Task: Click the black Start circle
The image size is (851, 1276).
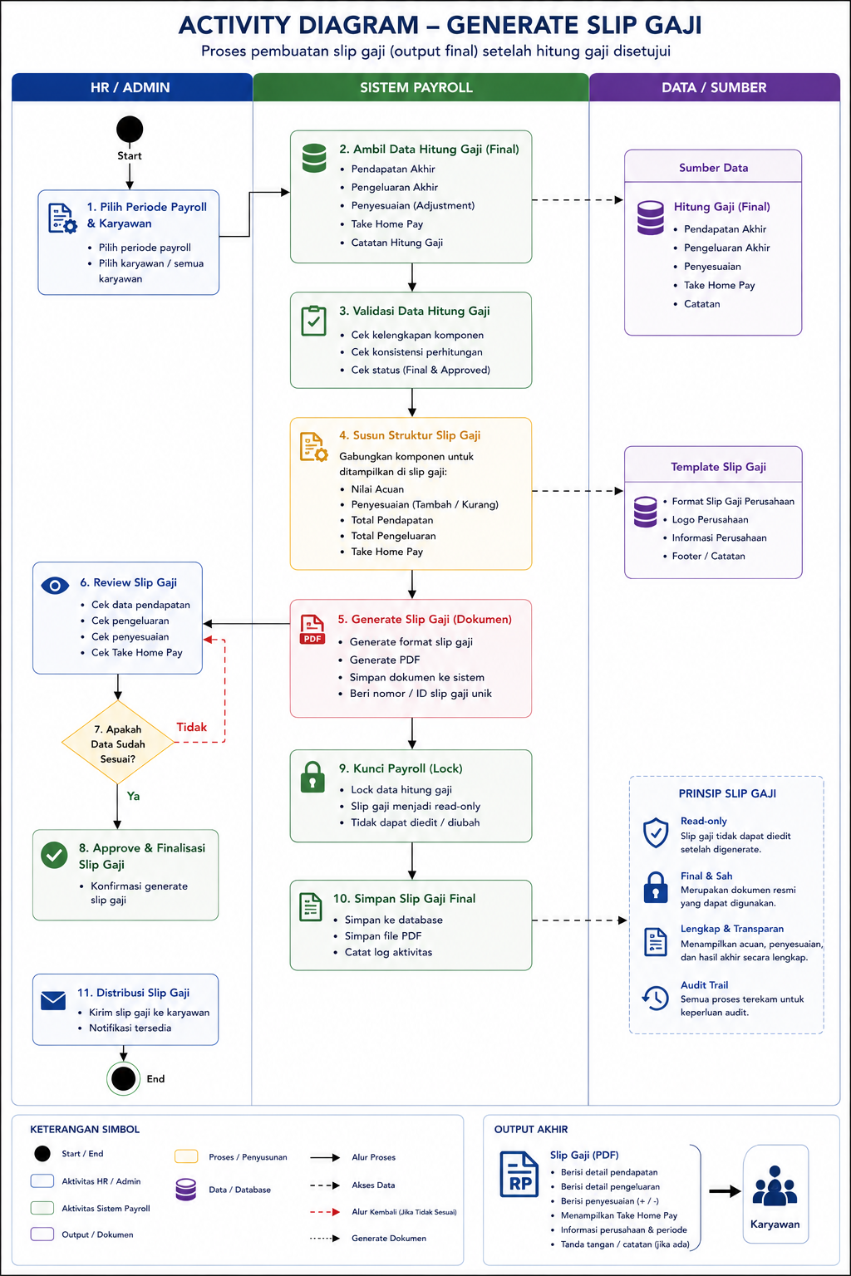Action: click(130, 129)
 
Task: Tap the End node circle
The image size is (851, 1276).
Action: click(123, 1077)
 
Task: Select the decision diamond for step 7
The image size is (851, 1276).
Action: click(118, 742)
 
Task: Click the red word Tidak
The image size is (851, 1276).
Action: click(191, 727)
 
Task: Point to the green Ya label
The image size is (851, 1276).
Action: click(133, 796)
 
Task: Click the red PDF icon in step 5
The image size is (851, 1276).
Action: click(312, 630)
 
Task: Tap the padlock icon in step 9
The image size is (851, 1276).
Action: click(312, 777)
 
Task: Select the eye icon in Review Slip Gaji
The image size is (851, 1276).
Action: click(55, 586)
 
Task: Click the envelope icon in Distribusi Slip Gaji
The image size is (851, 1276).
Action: click(53, 1001)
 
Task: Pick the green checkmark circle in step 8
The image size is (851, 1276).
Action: click(54, 856)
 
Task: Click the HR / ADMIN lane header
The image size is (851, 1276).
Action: click(131, 87)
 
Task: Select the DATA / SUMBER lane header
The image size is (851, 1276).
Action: click(714, 87)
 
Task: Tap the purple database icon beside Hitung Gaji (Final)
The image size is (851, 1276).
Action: click(651, 218)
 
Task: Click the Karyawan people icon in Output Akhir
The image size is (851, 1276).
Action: click(775, 1186)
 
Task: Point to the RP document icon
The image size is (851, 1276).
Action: click(519, 1174)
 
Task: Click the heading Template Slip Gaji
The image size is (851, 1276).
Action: click(718, 467)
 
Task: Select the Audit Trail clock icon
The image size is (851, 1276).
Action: click(656, 998)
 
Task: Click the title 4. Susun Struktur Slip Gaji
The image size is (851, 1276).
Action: click(410, 435)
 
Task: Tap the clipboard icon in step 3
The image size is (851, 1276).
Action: click(313, 321)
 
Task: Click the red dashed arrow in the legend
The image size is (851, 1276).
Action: click(325, 1212)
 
